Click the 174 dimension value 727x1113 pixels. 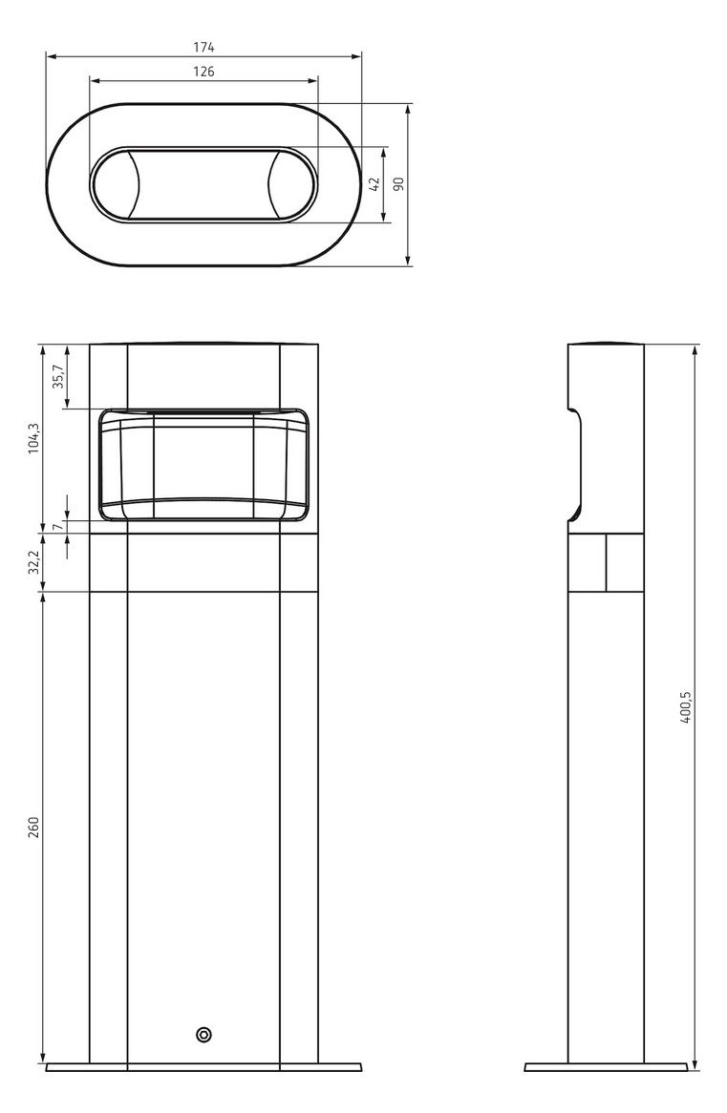pos(203,47)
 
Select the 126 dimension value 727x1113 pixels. pos(203,72)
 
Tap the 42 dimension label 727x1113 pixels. pos(374,184)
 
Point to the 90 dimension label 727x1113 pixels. pos(399,183)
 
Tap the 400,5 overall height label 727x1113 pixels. pos(684,707)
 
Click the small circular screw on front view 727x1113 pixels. pos(203,1035)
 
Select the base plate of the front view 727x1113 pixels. pos(203,1066)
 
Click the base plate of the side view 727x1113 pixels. pos(606,1066)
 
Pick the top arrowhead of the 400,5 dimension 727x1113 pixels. pos(695,347)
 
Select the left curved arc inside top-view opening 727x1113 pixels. pos(137,184)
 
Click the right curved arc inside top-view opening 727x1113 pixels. pos(271,184)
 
